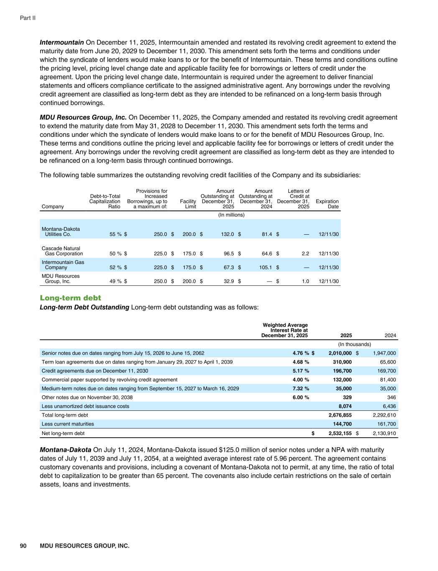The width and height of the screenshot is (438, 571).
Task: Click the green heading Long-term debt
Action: pos(70,298)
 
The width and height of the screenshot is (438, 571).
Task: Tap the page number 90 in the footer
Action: pos(23,546)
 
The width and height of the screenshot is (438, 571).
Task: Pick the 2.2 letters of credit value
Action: pos(305,253)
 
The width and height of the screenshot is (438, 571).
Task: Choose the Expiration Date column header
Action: pos(327,204)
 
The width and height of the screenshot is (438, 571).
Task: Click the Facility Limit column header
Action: pos(188,204)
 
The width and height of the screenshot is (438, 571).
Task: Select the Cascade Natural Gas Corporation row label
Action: pos(62,251)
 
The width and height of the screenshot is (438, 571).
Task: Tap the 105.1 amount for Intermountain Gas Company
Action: pos(265,267)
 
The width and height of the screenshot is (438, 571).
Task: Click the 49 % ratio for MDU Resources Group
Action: pos(115,282)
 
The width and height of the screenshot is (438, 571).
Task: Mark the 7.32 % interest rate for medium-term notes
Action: pos(301,389)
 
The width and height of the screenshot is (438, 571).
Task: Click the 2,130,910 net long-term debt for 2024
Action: pos(384,433)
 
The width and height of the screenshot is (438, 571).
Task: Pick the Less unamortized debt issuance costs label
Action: pos(86,406)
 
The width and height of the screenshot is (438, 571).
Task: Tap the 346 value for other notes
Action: pos(391,397)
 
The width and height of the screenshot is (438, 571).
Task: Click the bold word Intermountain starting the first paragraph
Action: pos(62,42)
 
